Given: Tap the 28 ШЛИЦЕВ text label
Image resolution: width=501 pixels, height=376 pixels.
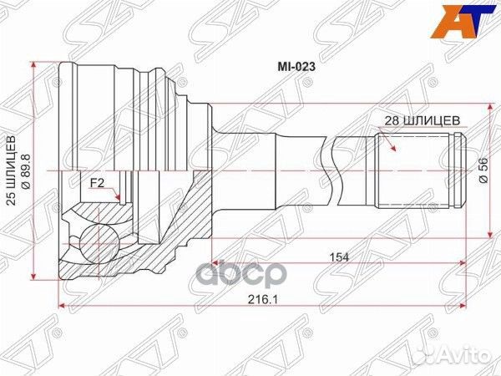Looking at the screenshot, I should tap(423, 120).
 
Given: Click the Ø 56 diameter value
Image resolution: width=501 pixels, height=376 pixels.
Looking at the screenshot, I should tap(483, 170).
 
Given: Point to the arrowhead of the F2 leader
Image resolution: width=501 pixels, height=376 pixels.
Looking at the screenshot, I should tap(122, 201).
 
